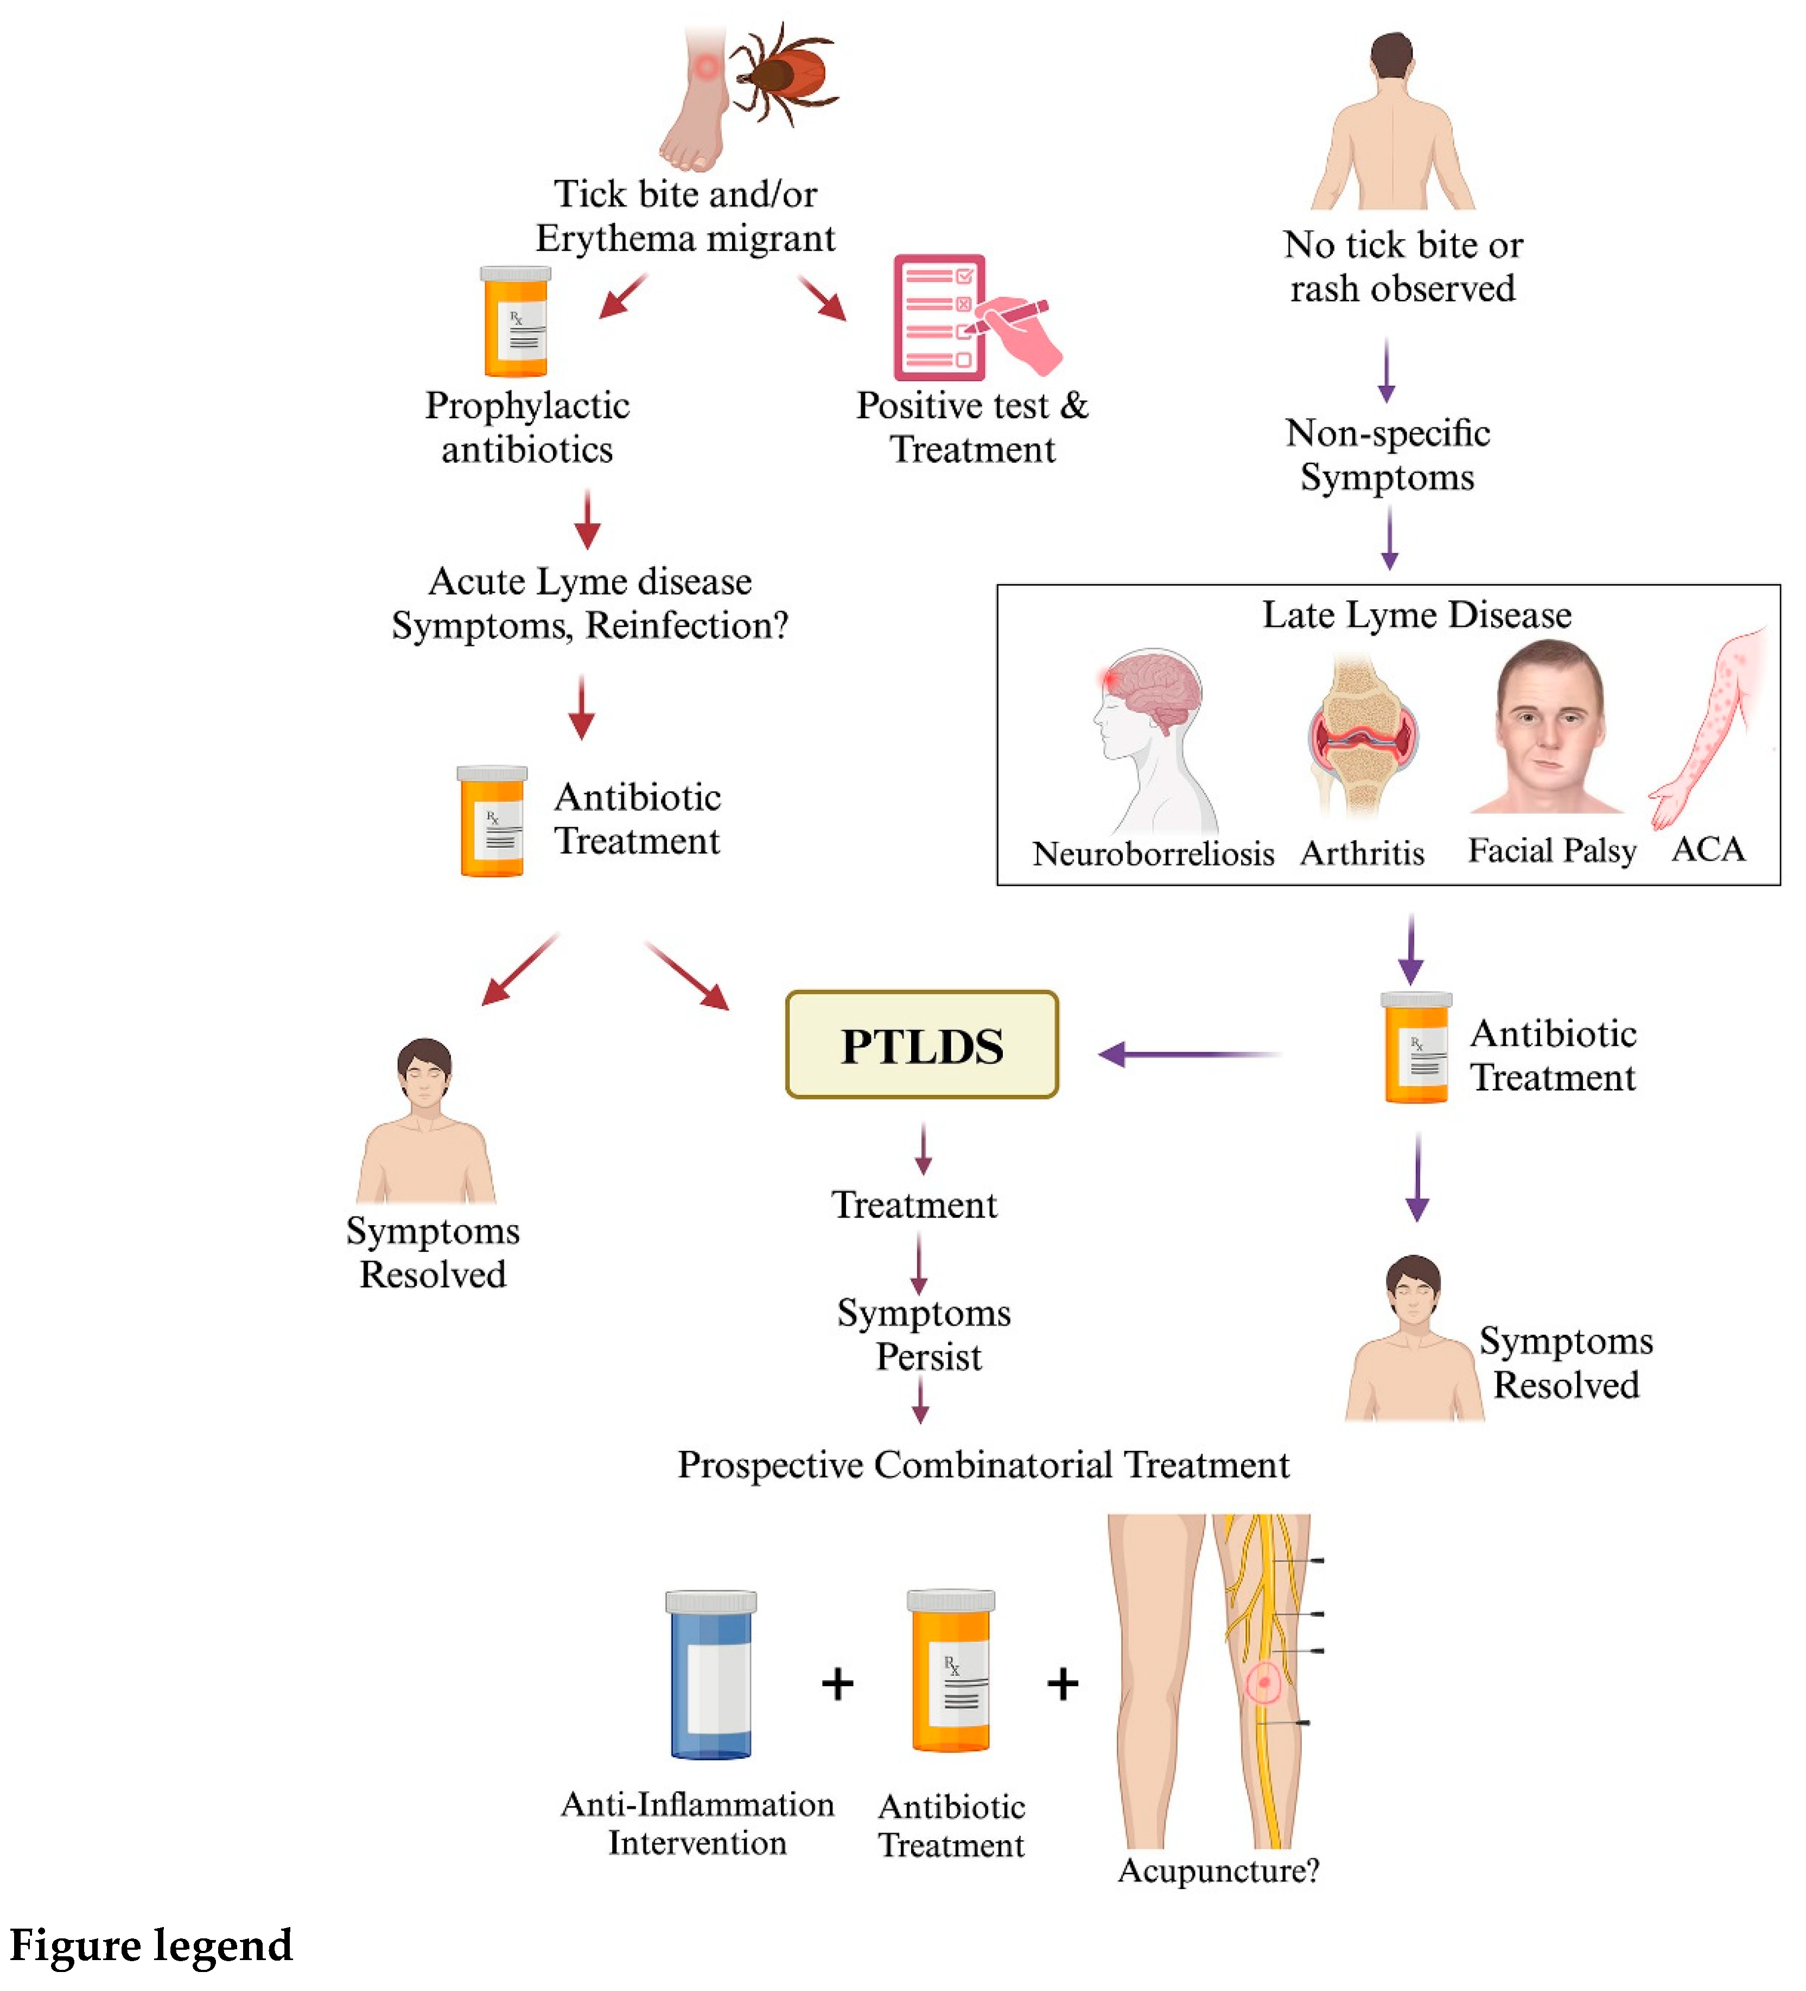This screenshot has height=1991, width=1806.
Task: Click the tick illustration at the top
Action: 785,74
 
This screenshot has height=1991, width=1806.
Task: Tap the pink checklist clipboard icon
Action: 939,317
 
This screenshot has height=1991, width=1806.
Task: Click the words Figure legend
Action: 151,1945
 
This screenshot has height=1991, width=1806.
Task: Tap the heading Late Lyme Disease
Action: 1416,615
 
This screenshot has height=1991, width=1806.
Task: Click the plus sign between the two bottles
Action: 837,1684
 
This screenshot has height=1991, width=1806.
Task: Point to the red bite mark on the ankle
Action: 707,67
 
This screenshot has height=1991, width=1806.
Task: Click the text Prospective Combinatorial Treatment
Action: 982,1464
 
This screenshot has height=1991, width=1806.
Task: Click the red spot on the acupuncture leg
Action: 1264,1682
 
